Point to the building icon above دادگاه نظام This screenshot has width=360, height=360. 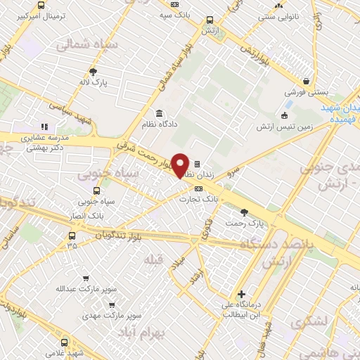[159, 112]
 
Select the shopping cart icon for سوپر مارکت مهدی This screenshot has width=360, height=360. [112, 305]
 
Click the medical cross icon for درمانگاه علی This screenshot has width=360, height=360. [242, 294]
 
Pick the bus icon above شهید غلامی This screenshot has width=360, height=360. [65, 342]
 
